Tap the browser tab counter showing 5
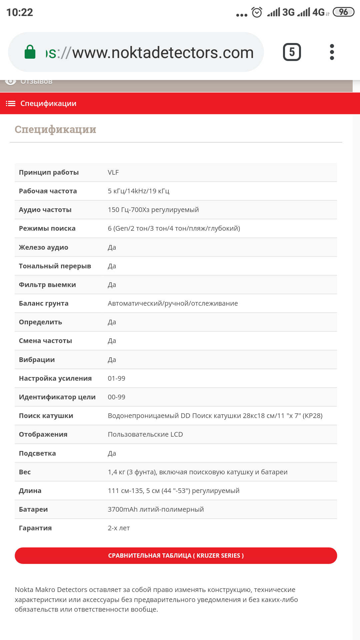pyautogui.click(x=292, y=52)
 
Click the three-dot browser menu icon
pyautogui.click(x=332, y=52)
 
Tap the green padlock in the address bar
pyautogui.click(x=30, y=52)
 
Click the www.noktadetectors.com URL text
pyautogui.click(x=163, y=53)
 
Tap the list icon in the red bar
pyautogui.click(x=11, y=103)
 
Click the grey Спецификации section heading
pyautogui.click(x=55, y=129)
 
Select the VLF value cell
pyautogui.click(x=113, y=172)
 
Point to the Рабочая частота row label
pyautogui.click(x=48, y=191)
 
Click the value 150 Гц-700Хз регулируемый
pyautogui.click(x=153, y=210)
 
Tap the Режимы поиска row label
pyautogui.click(x=47, y=228)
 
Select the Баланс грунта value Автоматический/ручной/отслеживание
pyautogui.click(x=173, y=303)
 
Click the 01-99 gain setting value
pyautogui.click(x=116, y=378)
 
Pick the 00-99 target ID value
pyautogui.click(x=116, y=397)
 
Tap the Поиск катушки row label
pyautogui.click(x=46, y=416)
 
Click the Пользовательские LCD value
pyautogui.click(x=145, y=434)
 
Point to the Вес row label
pyautogui.click(x=25, y=472)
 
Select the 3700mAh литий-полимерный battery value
pyautogui.click(x=156, y=509)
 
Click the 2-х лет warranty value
pyautogui.click(x=119, y=528)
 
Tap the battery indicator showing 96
pyautogui.click(x=343, y=12)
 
